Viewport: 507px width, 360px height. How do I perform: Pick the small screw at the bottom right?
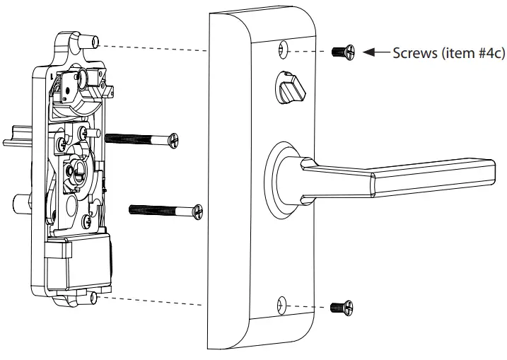tap(342, 307)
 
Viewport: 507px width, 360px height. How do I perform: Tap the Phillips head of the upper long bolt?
tap(174, 140)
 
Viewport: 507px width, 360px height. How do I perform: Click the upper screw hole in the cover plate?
tap(284, 50)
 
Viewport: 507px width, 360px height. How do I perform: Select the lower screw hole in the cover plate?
tap(284, 305)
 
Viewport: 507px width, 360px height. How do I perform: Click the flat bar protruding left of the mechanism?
tap(17, 137)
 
